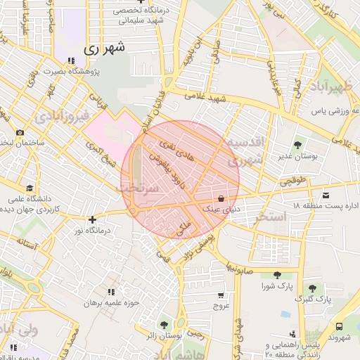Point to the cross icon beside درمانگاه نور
[x=92, y=219]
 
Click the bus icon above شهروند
[x=340, y=327]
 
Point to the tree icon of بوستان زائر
[x=164, y=325]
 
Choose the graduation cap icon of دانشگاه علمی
[x=30, y=188]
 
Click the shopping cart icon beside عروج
[x=221, y=295]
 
